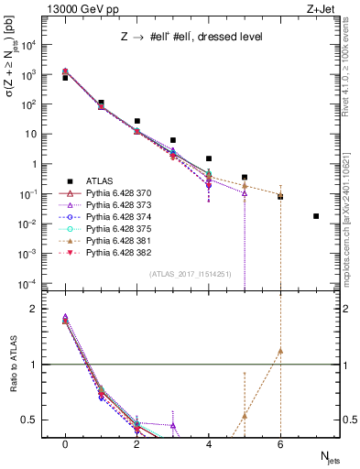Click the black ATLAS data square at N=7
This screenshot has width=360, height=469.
pos(316,216)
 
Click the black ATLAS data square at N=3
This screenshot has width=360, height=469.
pos(173,140)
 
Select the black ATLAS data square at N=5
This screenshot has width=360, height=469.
pos(245,177)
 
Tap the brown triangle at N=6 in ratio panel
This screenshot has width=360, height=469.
pos(280,351)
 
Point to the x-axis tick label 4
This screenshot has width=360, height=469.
pos(209,443)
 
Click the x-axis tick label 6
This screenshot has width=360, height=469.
pos(280,443)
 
